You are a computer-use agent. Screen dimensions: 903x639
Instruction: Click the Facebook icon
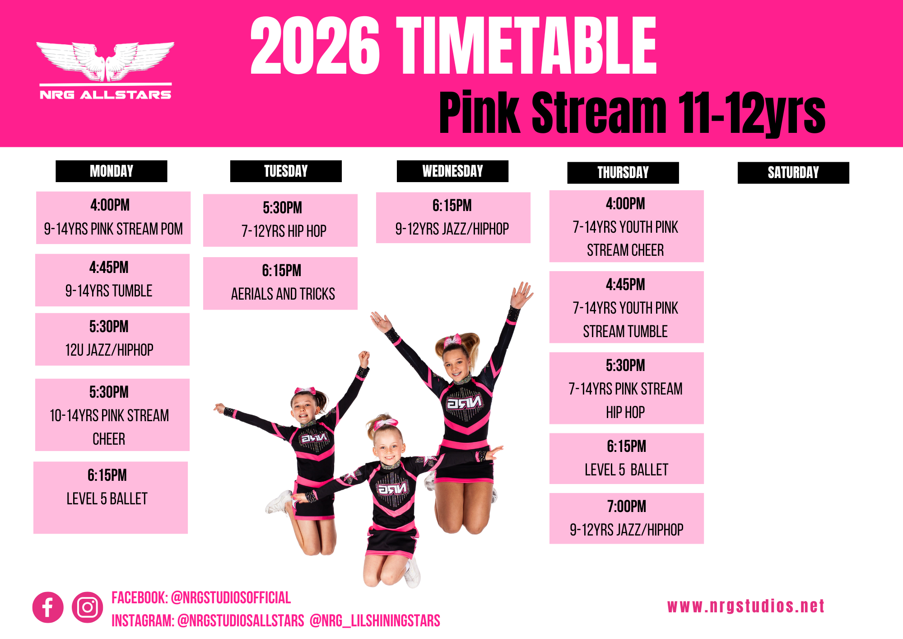[48, 607]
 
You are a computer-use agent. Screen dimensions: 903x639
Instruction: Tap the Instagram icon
[87, 607]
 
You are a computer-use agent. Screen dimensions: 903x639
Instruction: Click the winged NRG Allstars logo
[106, 70]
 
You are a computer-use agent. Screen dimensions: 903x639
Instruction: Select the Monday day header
[112, 171]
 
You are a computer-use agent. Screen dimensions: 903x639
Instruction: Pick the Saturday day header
[793, 173]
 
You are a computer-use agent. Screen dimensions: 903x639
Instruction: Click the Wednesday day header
[452, 171]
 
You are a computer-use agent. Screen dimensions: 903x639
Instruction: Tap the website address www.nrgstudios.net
[746, 606]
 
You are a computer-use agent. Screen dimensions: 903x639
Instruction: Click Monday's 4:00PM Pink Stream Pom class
[113, 218]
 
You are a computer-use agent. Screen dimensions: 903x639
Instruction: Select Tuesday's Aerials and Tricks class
[280, 283]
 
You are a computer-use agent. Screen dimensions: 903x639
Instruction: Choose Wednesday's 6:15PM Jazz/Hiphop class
[453, 218]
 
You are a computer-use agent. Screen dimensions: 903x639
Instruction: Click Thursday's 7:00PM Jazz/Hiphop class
[627, 518]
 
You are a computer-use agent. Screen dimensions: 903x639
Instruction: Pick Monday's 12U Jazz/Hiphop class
[112, 339]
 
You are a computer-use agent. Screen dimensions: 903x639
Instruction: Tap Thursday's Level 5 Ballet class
[627, 459]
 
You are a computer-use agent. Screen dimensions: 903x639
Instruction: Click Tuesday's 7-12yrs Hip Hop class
[280, 221]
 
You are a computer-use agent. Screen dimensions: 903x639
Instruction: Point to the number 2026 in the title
[315, 45]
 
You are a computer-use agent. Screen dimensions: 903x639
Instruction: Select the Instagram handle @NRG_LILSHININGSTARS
[375, 620]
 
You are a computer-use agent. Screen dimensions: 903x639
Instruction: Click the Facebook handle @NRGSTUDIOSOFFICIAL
[231, 598]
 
